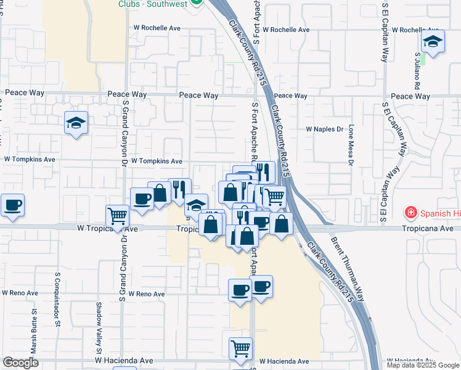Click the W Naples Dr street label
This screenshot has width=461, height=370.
point(324,129)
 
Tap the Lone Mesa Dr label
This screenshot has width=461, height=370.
point(351,146)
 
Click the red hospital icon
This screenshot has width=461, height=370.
point(410,213)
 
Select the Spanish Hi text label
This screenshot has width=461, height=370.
point(439,214)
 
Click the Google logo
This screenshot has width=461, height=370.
point(20,363)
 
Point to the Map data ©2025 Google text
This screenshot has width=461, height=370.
point(422,365)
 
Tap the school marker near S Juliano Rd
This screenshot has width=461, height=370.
point(433,42)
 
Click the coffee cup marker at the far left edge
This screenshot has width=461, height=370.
point(12,205)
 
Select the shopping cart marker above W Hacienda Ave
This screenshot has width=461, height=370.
point(240,348)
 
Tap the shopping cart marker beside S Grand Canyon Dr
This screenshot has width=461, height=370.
point(117,216)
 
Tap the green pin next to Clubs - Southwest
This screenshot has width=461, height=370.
point(197,2)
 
